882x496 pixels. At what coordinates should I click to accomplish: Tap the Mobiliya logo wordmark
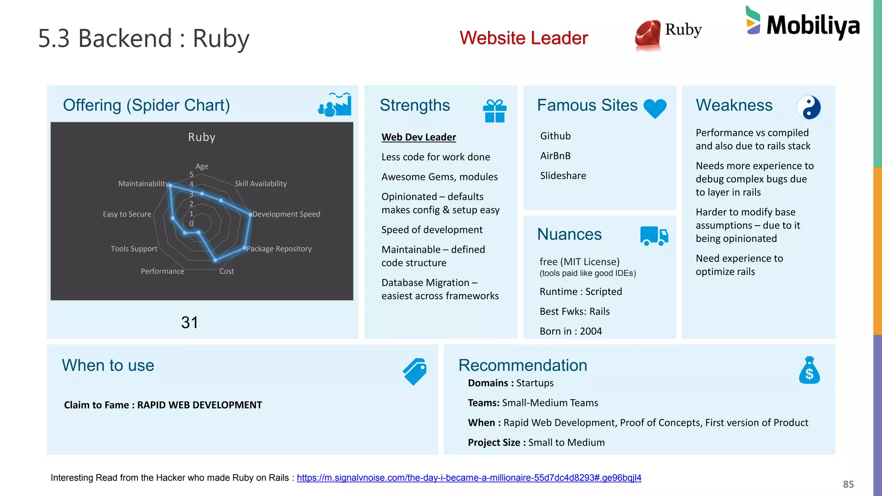coord(813,26)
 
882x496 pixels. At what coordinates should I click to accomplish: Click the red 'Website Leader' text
coord(523,38)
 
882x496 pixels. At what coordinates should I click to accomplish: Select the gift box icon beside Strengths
coord(494,111)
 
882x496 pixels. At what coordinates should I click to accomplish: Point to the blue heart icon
coord(655,108)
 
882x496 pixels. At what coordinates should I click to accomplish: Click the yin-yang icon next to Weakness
coord(808,107)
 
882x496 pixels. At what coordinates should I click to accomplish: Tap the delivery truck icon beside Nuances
coord(654,236)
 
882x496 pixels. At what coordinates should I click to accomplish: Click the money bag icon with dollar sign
coord(809,370)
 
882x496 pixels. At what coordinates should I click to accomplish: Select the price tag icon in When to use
coord(415,371)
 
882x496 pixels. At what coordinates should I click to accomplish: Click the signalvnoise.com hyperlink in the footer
coord(469,478)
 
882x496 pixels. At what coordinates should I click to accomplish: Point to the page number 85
coord(848,484)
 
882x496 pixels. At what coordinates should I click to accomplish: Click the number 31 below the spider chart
coord(189,322)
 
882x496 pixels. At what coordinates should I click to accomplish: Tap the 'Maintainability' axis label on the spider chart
coord(143,184)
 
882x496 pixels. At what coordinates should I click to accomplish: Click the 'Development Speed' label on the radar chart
coord(286,214)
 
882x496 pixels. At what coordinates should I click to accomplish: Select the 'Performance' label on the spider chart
coord(162,271)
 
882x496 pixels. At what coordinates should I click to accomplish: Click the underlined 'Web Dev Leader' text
coord(419,137)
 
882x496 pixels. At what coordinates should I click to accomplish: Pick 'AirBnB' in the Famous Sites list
coord(555,156)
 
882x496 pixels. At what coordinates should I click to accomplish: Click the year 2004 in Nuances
coord(590,331)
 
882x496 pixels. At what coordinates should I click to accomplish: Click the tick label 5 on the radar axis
coord(191,174)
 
